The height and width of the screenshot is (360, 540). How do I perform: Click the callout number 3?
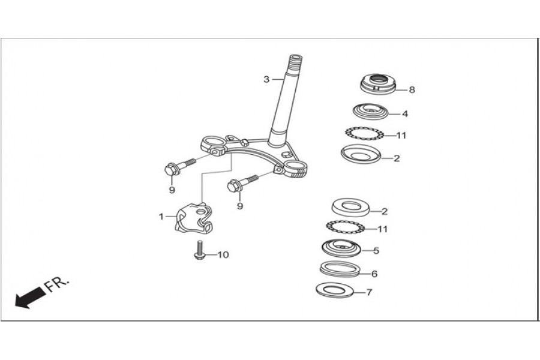(266, 79)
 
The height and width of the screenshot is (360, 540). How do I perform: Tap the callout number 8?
(412, 89)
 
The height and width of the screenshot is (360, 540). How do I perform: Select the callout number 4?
(405, 113)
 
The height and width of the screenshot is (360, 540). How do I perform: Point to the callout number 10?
(223, 254)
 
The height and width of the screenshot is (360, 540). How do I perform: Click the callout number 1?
(161, 217)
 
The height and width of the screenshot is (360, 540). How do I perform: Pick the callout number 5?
(376, 250)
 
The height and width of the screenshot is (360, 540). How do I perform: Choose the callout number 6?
(374, 274)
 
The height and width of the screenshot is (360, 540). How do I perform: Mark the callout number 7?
(369, 292)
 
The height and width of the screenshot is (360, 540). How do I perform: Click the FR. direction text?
(57, 284)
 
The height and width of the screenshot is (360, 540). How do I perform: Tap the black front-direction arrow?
(29, 298)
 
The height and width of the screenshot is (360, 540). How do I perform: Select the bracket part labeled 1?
(193, 218)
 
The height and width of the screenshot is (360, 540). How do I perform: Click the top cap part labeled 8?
(379, 84)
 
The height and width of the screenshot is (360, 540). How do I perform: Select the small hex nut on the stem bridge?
(244, 142)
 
